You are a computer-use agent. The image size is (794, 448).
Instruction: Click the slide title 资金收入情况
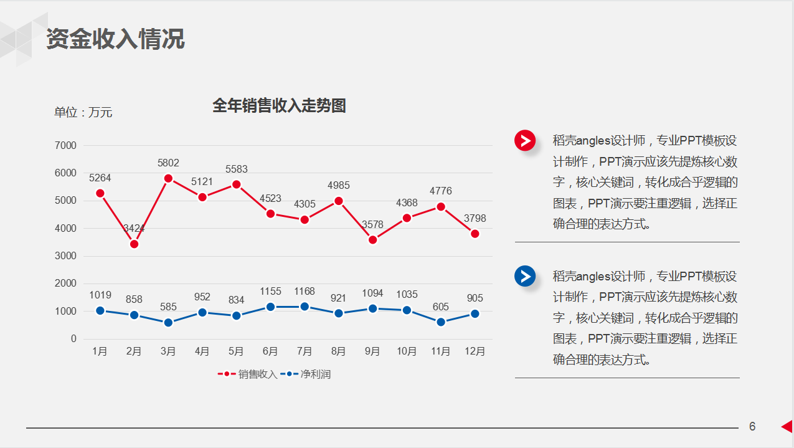click(115, 39)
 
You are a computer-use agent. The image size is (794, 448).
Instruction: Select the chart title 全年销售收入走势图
click(279, 105)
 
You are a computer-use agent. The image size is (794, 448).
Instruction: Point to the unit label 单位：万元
click(83, 112)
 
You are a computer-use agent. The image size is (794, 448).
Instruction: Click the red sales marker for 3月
click(168, 178)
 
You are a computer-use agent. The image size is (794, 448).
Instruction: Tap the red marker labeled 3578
click(372, 240)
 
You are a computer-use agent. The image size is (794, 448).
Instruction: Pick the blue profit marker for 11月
click(441, 322)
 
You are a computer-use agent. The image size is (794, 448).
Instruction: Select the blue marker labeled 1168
click(305, 307)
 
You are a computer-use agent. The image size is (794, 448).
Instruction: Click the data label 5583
click(237, 169)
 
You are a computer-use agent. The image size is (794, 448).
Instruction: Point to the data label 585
click(168, 307)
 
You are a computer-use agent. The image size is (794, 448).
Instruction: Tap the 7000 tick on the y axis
click(66, 146)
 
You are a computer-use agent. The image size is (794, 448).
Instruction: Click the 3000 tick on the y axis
click(66, 256)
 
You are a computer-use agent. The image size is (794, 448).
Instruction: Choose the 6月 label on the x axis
click(270, 351)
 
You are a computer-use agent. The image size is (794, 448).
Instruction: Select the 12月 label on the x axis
click(475, 351)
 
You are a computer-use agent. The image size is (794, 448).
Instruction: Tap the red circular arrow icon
click(525, 141)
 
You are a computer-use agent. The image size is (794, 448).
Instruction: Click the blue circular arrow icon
click(525, 276)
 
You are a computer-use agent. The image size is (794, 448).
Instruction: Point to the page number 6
click(752, 427)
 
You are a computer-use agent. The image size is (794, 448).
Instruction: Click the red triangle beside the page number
click(787, 426)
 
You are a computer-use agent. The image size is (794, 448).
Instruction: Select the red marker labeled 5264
click(100, 193)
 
